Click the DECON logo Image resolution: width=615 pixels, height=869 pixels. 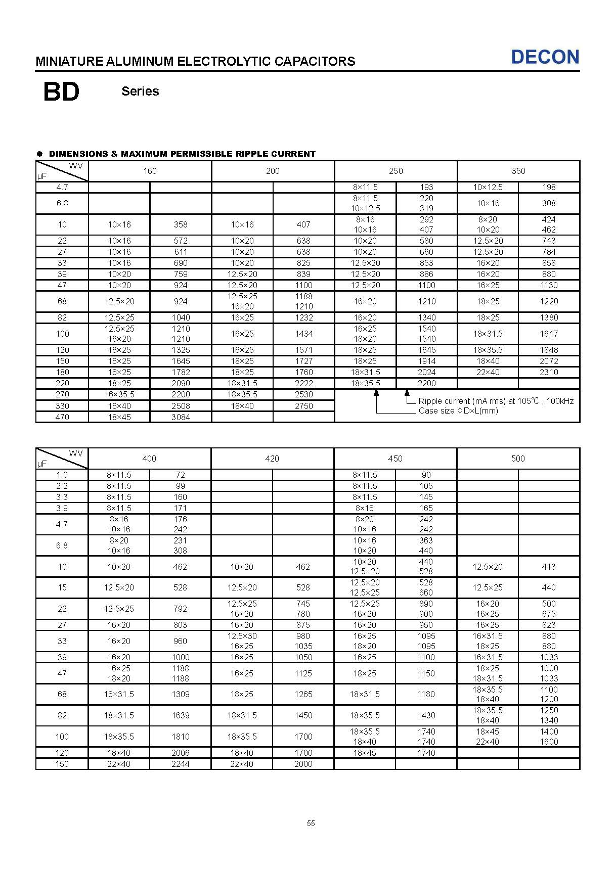pos(545,57)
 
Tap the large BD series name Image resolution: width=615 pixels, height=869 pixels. pos(62,92)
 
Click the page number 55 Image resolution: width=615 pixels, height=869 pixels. pos(311,824)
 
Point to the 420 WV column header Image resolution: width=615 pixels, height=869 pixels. pos(272,459)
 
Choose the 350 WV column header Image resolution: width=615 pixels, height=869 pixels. pos(518,171)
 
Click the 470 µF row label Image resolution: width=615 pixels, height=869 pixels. pos(62,417)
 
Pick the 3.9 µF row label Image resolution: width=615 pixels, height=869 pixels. pos(62,508)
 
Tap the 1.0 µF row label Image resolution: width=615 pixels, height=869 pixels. pos(62,475)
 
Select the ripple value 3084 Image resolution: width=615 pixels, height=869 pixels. pos(181,417)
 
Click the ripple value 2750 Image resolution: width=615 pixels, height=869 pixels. pos(303,406)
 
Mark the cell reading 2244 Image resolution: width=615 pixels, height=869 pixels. pos(181,764)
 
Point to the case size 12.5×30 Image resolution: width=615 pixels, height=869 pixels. pos(242,636)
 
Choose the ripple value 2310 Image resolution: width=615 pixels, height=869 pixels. pos(549,372)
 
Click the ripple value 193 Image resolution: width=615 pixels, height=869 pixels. pos(426,187)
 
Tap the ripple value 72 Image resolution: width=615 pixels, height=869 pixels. pos(181,475)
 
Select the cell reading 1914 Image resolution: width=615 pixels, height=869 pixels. pos(426,361)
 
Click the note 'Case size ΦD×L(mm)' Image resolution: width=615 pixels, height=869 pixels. pos(458,411)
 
